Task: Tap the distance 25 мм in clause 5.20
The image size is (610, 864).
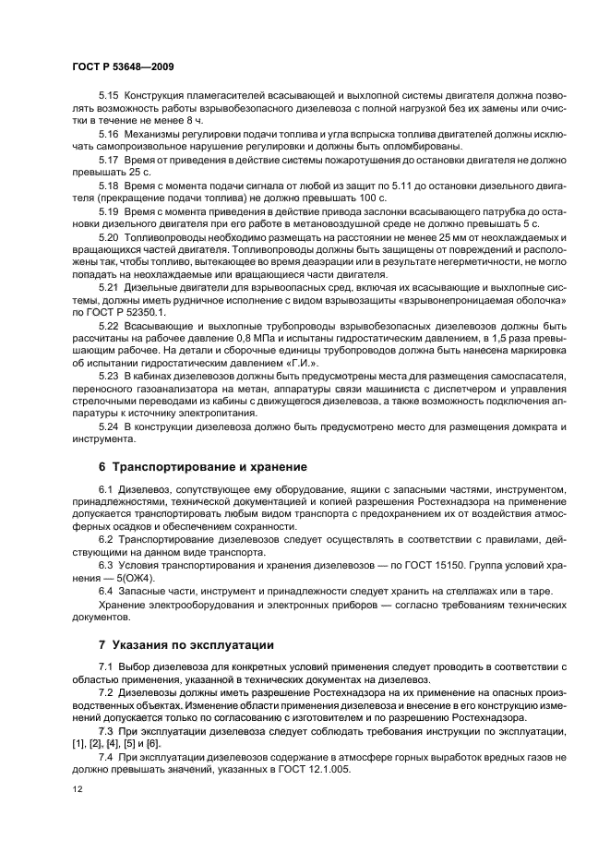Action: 433,237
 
